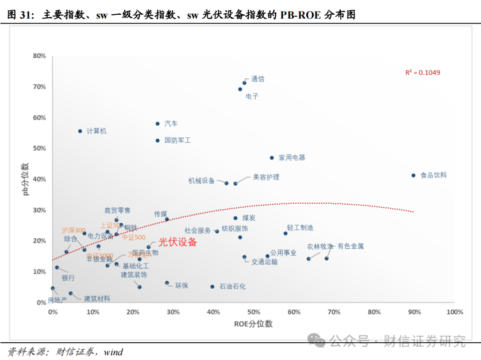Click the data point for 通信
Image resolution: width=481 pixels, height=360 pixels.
[245, 83]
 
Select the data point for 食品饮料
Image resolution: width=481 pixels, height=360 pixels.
[413, 175]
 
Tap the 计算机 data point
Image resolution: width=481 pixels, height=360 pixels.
[80, 131]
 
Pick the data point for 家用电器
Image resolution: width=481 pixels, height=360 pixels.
[272, 158]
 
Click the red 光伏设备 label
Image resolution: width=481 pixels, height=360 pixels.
[178, 243]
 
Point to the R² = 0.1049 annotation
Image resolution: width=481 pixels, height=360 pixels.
[422, 73]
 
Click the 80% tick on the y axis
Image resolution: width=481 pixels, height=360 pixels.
[39, 56]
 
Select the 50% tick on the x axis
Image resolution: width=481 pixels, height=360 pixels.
[253, 312]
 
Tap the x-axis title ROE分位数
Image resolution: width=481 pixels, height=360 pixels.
[253, 324]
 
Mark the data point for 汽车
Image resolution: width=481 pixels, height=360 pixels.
[158, 124]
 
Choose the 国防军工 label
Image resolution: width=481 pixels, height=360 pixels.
[177, 140]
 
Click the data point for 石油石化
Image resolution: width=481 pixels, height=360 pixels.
[212, 287]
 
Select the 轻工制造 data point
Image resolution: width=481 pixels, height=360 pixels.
[285, 233]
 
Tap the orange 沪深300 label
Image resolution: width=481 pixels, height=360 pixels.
[73, 231]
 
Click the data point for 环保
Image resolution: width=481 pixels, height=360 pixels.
[167, 283]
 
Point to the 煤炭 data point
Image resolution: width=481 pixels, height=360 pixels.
[236, 218]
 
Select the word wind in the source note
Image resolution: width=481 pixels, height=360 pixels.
[113, 352]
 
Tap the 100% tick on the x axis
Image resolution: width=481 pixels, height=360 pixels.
[454, 312]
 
